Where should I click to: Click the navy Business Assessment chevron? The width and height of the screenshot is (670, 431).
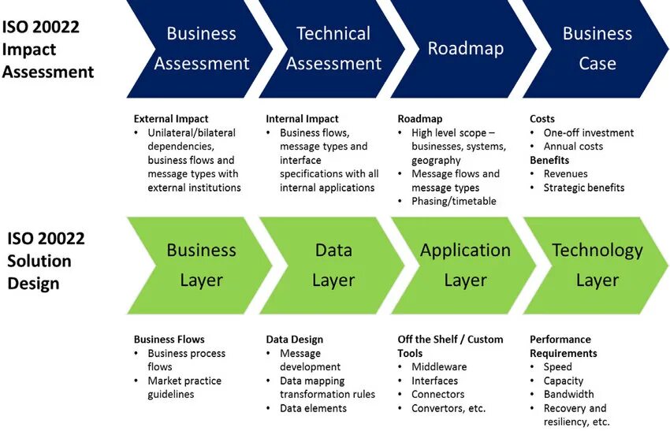pyautogui.click(x=201, y=49)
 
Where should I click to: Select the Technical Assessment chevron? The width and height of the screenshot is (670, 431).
pyautogui.click(x=333, y=49)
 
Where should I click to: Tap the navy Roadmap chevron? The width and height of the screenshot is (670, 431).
pyautogui.click(x=465, y=49)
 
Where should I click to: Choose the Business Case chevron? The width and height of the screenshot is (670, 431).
pyautogui.click(x=597, y=49)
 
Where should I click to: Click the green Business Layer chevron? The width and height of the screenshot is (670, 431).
pyautogui.click(x=201, y=265)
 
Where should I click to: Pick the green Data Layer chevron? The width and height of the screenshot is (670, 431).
pyautogui.click(x=333, y=265)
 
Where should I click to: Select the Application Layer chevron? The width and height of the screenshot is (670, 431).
pyautogui.click(x=465, y=265)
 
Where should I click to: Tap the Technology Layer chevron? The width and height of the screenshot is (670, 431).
pyautogui.click(x=597, y=265)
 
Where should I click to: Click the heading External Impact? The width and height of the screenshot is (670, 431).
pyautogui.click(x=171, y=119)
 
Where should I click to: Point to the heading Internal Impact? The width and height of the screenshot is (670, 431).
pyautogui.click(x=302, y=119)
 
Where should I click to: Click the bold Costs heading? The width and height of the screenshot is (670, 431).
pyautogui.click(x=542, y=119)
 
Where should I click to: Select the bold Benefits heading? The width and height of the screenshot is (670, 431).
pyautogui.click(x=549, y=160)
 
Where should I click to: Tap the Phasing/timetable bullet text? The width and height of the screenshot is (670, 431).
pyautogui.click(x=454, y=201)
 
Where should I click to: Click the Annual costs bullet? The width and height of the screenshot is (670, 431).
pyautogui.click(x=573, y=147)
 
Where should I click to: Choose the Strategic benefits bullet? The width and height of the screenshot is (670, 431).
pyautogui.click(x=584, y=188)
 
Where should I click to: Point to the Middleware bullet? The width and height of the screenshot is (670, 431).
pyautogui.click(x=439, y=367)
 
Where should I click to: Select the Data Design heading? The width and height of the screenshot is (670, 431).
pyautogui.click(x=294, y=340)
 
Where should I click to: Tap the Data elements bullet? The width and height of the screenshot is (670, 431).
pyautogui.click(x=313, y=408)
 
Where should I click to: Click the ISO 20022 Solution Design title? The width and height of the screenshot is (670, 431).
pyautogui.click(x=46, y=261)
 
